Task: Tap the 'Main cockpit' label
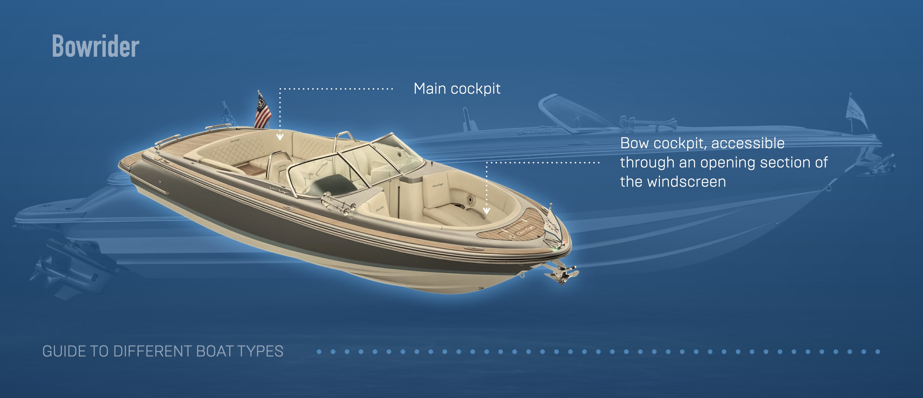pos(457,89)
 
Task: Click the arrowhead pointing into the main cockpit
pos(280,136)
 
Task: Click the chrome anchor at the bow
pos(561,273)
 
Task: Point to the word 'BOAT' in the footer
pos(215,351)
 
